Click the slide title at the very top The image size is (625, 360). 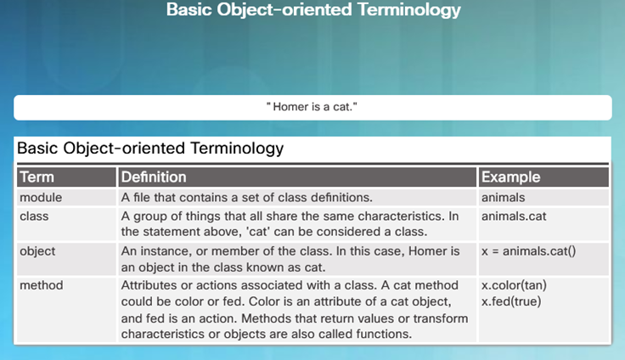point(313,9)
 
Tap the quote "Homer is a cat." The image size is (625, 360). point(312,107)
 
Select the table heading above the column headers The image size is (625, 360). point(150,149)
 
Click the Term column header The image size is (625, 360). point(37,177)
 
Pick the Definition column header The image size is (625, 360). point(154,177)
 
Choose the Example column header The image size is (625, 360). point(510,177)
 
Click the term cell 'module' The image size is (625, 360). point(41,197)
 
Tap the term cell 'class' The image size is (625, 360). point(34,216)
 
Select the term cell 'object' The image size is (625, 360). point(37,251)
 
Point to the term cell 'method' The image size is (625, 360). point(42,285)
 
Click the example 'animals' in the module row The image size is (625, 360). point(503,197)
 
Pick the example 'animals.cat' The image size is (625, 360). point(514,216)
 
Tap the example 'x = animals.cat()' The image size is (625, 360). point(528,251)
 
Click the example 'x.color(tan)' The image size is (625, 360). point(515,285)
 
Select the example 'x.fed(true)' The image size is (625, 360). point(511,301)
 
